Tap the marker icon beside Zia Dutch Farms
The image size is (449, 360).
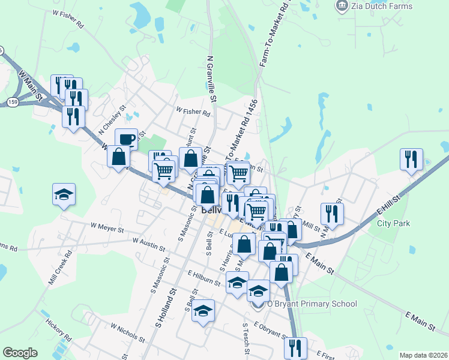(x=342, y=6)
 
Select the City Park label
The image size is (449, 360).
(x=393, y=223)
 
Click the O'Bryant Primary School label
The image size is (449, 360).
(x=312, y=304)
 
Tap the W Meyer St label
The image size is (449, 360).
(x=107, y=229)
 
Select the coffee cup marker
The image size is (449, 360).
(x=127, y=139)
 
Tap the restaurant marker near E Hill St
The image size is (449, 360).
(x=411, y=159)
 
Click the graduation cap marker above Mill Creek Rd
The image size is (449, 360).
(x=64, y=194)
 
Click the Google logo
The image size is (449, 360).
(x=20, y=353)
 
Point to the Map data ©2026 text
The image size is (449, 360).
(x=423, y=355)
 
